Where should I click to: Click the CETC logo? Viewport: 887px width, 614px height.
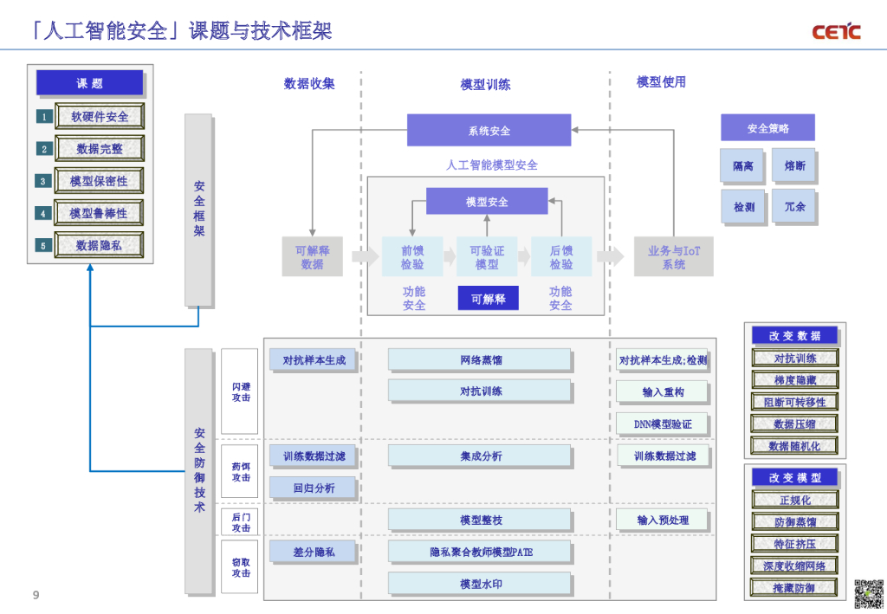point(836,32)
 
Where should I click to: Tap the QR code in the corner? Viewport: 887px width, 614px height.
point(867,593)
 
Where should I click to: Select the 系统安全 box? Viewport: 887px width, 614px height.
point(489,131)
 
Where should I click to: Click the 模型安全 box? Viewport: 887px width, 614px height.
point(487,202)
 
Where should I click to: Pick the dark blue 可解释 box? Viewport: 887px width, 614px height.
point(488,299)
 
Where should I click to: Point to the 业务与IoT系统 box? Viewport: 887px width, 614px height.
point(673,257)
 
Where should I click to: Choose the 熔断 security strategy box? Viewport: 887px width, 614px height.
point(793,165)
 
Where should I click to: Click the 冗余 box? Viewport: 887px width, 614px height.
point(793,207)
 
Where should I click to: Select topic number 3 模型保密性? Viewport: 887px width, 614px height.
point(99,181)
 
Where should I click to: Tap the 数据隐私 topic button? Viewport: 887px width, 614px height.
point(99,245)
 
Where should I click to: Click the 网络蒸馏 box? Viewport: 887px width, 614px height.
point(480,360)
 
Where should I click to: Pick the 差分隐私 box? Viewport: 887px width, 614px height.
point(313,552)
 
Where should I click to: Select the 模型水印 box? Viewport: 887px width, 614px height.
point(480,584)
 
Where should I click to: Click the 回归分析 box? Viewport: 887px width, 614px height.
point(313,488)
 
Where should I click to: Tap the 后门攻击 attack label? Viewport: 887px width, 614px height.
point(240,521)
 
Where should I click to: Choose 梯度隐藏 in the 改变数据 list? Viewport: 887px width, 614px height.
point(794,379)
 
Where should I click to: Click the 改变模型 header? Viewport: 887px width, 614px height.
point(794,477)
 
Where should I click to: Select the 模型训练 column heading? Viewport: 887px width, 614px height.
point(485,84)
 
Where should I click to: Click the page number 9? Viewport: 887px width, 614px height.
point(36,595)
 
